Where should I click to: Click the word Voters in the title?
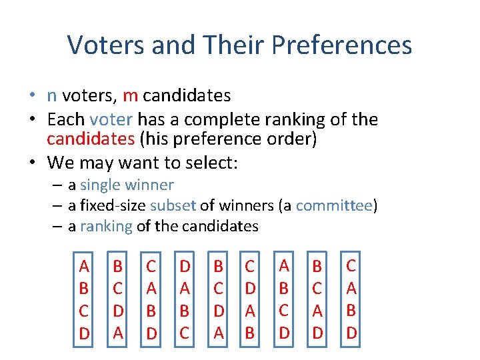pyautogui.click(x=107, y=45)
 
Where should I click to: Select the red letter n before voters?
pyautogui.click(x=51, y=96)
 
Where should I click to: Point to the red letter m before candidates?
pyautogui.click(x=130, y=96)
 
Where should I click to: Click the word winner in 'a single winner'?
pyautogui.click(x=153, y=185)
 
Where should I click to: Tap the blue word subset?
pyautogui.click(x=171, y=206)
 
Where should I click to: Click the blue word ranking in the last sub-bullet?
pyautogui.click(x=106, y=227)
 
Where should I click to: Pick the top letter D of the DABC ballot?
pyautogui.click(x=185, y=267)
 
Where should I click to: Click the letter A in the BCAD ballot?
pyautogui.click(x=317, y=311)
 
